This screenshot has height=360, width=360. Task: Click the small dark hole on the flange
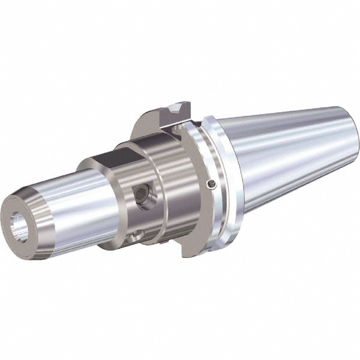click(x=209, y=184)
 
